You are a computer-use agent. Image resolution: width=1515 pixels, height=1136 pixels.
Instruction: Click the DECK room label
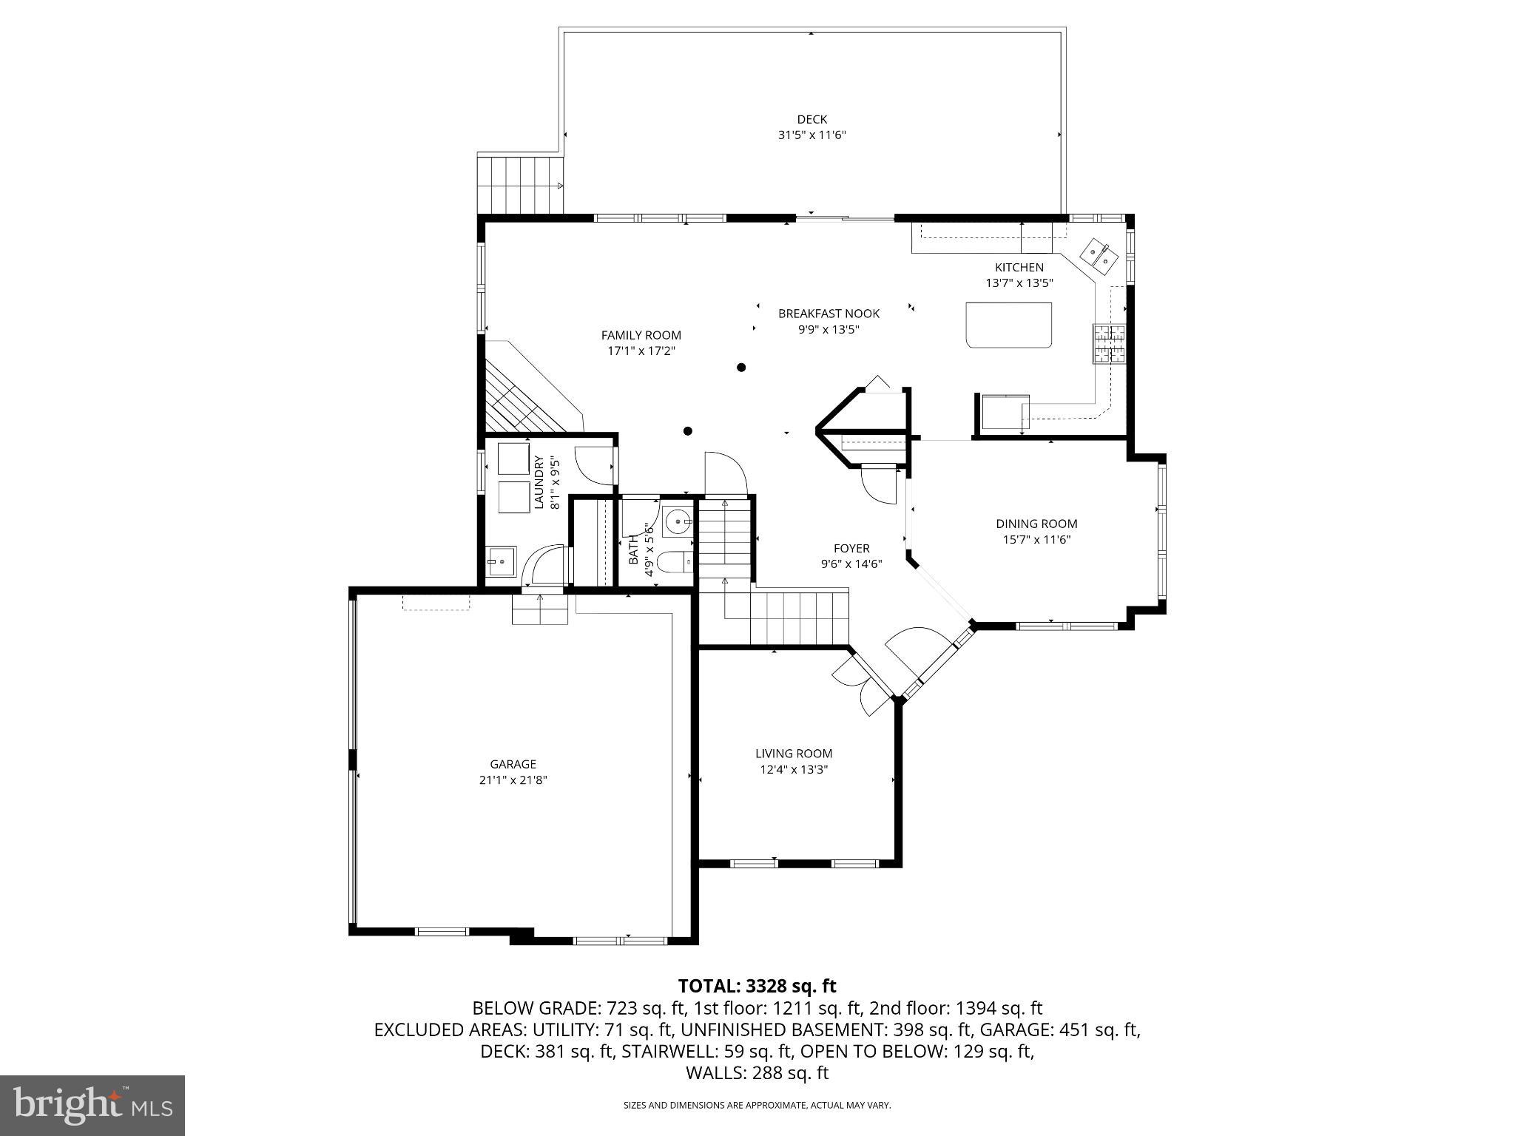pos(812,119)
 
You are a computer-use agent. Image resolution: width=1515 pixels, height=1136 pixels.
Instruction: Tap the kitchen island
pos(1009,325)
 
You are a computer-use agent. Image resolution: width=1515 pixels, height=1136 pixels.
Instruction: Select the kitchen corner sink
pos(1099,256)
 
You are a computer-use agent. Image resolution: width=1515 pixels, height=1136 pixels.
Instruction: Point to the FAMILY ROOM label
pos(641,335)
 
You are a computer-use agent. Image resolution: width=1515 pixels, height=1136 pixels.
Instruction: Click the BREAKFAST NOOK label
pos(829,314)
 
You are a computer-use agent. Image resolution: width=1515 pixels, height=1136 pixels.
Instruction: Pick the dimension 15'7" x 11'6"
pos(1036,540)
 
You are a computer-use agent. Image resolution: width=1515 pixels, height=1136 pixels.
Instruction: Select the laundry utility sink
pos(502,561)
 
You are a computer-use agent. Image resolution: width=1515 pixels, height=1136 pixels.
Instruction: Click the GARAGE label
pos(513,764)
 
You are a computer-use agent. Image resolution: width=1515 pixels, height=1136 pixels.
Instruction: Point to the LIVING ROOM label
pos(794,754)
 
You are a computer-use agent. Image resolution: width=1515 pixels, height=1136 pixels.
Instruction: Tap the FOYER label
pos(851,548)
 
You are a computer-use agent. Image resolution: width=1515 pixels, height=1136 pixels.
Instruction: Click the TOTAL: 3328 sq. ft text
pos(757,986)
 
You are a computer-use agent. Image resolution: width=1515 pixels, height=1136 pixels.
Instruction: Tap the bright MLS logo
pos(92,1105)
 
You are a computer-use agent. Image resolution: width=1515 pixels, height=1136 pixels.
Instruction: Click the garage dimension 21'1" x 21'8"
pos(513,780)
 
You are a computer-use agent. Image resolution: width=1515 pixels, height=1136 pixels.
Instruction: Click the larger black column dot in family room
pos(741,367)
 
